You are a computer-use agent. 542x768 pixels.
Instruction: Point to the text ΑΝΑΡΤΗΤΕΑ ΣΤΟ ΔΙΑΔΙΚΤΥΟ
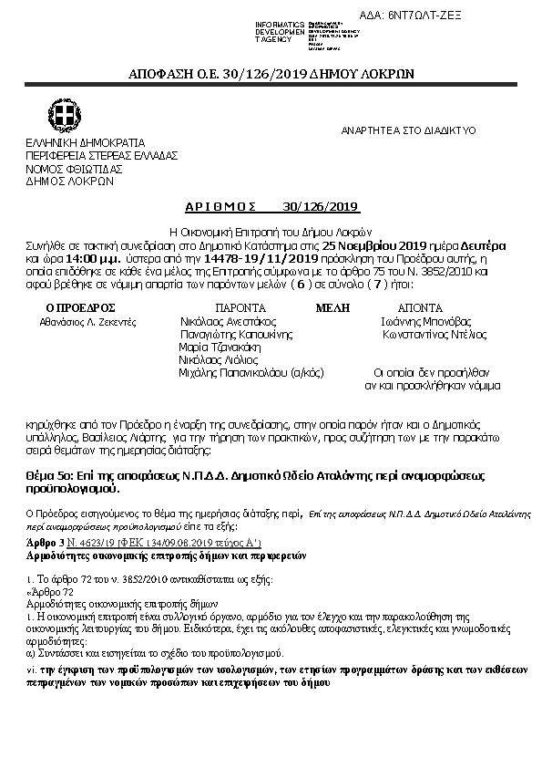(408, 130)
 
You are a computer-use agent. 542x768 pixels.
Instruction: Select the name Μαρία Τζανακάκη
(214, 348)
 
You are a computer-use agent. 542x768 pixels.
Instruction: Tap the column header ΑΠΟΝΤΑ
(420, 308)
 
